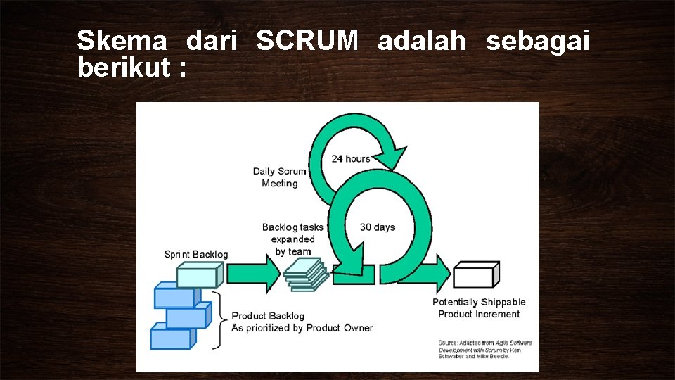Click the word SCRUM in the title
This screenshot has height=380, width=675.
307,42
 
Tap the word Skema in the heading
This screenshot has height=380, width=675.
122,42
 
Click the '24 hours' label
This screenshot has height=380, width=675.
351,159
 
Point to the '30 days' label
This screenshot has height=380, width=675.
378,227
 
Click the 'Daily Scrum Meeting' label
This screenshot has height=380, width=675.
279,177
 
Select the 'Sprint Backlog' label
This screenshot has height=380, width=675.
196,254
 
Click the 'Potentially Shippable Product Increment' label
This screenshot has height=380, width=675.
479,308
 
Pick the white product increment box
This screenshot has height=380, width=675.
476,274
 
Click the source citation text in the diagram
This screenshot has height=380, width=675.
485,349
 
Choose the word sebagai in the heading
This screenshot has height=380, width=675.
538,42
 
